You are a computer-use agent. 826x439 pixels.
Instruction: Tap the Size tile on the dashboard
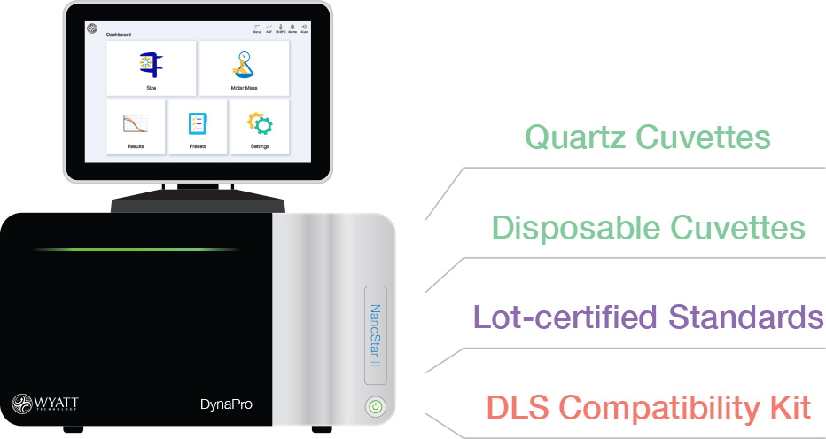(152, 68)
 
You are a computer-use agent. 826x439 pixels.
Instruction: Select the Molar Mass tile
(244, 68)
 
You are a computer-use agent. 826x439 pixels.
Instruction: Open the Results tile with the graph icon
(135, 127)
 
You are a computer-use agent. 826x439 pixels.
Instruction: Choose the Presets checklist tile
(198, 127)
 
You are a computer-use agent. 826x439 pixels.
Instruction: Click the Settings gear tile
(259, 127)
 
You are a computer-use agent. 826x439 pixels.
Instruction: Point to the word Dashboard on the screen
(119, 35)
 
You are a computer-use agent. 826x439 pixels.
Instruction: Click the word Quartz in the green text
(576, 137)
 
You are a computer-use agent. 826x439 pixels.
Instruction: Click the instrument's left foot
(75, 431)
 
